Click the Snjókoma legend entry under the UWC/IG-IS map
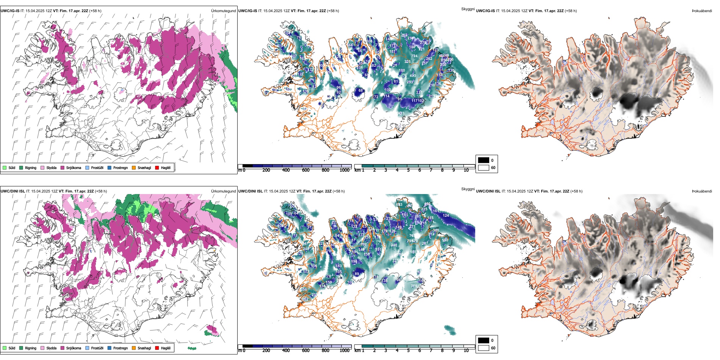click(x=74, y=168)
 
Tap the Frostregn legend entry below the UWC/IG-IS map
click(x=120, y=168)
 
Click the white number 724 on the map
click(x=415, y=56)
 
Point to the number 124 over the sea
click(x=446, y=216)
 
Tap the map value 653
click(x=399, y=205)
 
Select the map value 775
click(x=414, y=286)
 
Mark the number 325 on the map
click(x=407, y=62)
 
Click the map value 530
click(x=445, y=240)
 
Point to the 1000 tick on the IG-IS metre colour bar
click(x=344, y=170)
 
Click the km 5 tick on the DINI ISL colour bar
click(x=408, y=351)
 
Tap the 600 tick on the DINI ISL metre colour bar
click(x=305, y=351)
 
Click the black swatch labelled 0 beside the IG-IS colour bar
click(x=484, y=160)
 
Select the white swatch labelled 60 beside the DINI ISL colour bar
click(x=484, y=348)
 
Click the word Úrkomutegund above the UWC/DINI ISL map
click(x=223, y=191)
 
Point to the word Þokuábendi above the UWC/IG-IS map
click(x=702, y=11)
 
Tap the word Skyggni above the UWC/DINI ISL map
click(x=468, y=189)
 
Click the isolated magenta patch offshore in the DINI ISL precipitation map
click(x=212, y=330)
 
